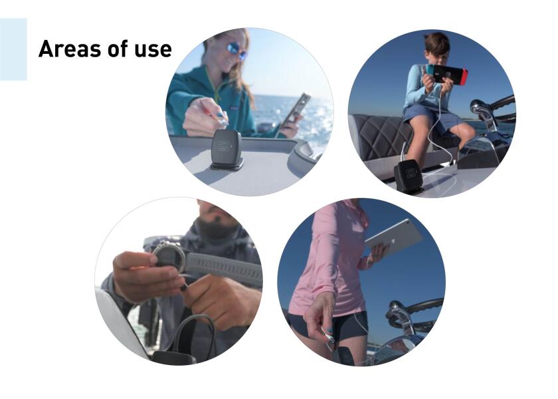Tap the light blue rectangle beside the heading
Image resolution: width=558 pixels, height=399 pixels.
click(x=13, y=49)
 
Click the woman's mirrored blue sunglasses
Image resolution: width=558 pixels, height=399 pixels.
click(x=236, y=51)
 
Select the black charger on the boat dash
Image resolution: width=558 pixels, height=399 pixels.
click(x=227, y=150)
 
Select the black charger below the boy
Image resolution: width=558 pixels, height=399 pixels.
click(x=409, y=176)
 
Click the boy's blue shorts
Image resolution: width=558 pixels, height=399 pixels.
click(x=428, y=116)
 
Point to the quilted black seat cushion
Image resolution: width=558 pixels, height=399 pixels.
click(x=385, y=137)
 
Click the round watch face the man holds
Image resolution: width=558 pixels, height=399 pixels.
click(x=168, y=254)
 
